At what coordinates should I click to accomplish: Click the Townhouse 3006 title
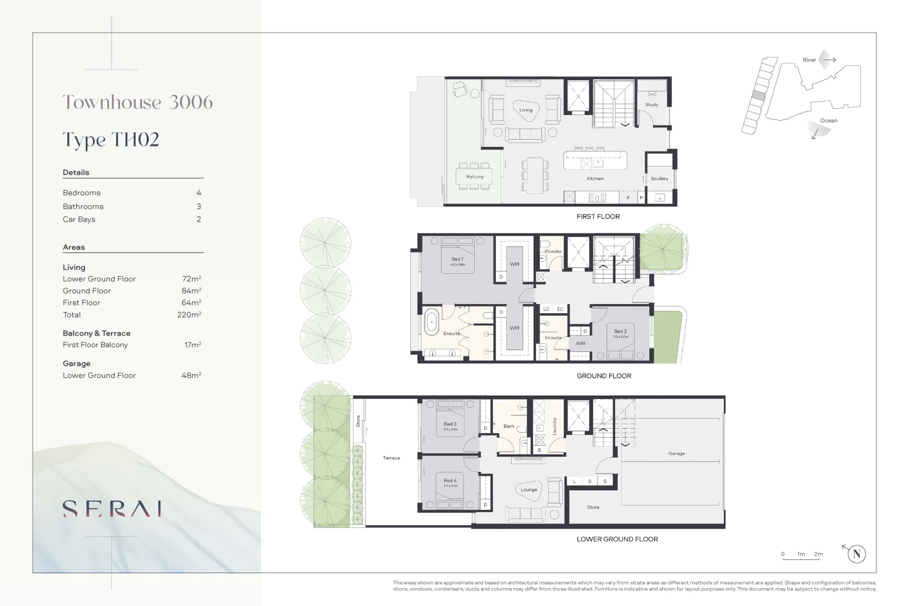[137, 102]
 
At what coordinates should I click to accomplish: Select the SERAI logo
[112, 508]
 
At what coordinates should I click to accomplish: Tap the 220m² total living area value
[189, 315]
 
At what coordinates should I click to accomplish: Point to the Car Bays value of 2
[199, 219]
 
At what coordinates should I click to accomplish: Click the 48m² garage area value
[191, 375]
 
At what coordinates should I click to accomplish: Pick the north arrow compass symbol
[856, 554]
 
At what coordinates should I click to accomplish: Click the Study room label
[651, 104]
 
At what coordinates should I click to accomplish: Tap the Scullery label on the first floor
[659, 178]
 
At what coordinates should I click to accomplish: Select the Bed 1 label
[457, 259]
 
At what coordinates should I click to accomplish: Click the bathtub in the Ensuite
[431, 323]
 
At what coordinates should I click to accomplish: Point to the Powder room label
[553, 251]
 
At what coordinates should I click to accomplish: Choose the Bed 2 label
[620, 331]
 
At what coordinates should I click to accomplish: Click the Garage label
[676, 453]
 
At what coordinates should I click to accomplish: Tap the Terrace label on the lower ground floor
[391, 458]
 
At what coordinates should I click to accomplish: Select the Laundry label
[554, 426]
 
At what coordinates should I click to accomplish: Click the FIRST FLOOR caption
[598, 217]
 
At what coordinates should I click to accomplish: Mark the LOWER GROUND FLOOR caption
[617, 539]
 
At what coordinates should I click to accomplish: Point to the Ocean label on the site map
[828, 121]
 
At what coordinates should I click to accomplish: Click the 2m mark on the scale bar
[818, 554]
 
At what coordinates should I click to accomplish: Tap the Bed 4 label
[450, 480]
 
